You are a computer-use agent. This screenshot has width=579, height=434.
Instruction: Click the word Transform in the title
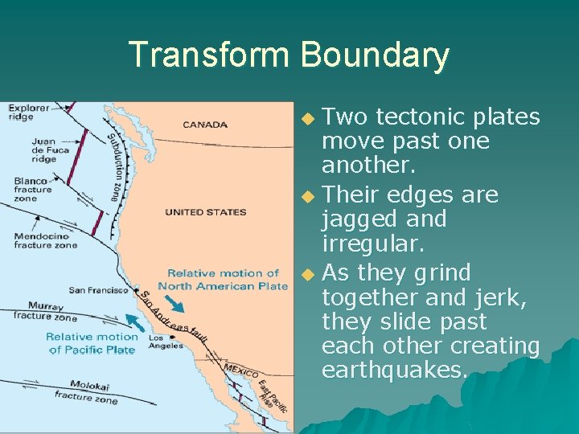pyautogui.click(x=210, y=55)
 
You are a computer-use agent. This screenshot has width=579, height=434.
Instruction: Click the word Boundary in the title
pyautogui.click(x=375, y=55)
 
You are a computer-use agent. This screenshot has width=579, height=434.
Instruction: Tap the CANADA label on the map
pyautogui.click(x=205, y=125)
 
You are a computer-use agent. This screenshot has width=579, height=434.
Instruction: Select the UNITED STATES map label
pyautogui.click(x=205, y=212)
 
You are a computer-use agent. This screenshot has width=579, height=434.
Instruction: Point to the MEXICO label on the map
pyautogui.click(x=240, y=371)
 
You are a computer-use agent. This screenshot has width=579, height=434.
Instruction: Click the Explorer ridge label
pyautogui.click(x=29, y=112)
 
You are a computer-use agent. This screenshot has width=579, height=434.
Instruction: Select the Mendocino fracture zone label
pyautogui.click(x=45, y=240)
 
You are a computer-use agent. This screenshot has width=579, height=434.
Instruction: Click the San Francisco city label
pyautogui.click(x=98, y=290)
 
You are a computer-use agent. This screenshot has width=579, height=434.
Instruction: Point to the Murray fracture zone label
pyautogui.click(x=45, y=311)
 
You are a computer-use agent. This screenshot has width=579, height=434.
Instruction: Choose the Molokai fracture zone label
pyautogui.click(x=85, y=391)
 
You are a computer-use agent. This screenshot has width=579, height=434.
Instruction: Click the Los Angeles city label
pyautogui.click(x=166, y=342)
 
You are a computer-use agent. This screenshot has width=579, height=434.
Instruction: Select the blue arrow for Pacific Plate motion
pyautogui.click(x=138, y=323)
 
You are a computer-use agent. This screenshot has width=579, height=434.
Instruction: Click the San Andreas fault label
pyautogui.click(x=174, y=318)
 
